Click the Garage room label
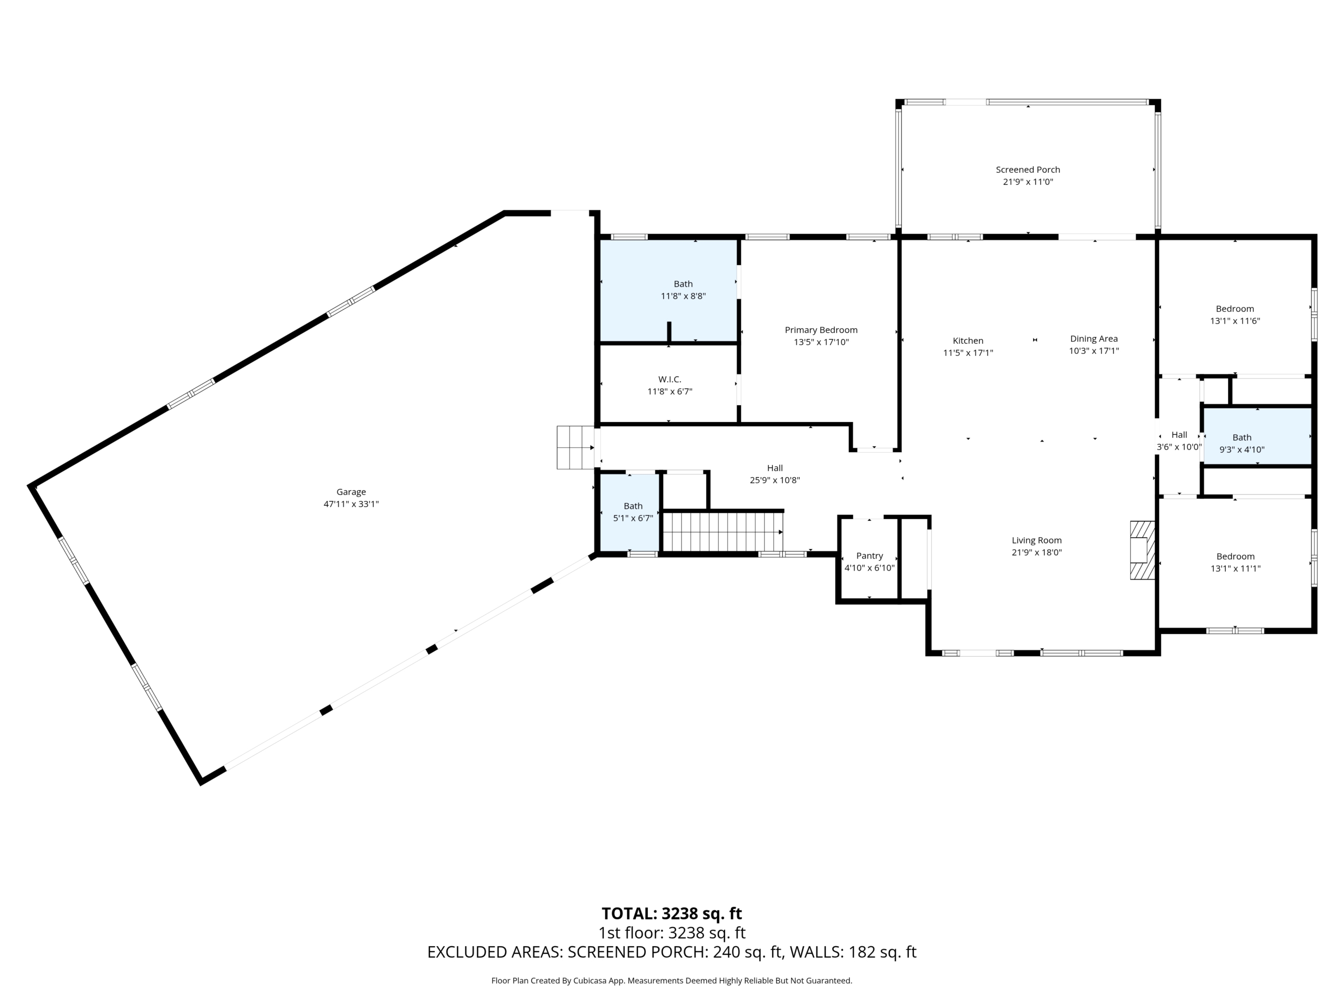pyautogui.click(x=351, y=492)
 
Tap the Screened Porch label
pyautogui.click(x=1028, y=170)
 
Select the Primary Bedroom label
pyautogui.click(x=821, y=330)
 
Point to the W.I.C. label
pyautogui.click(x=669, y=380)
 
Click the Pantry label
pyautogui.click(x=869, y=556)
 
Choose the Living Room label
pyautogui.click(x=1036, y=540)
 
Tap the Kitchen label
pyautogui.click(x=968, y=341)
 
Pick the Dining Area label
pyautogui.click(x=1094, y=339)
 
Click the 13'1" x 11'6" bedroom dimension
pyautogui.click(x=1235, y=321)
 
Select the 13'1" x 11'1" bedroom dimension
pyautogui.click(x=1235, y=569)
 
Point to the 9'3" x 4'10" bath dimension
pyautogui.click(x=1242, y=449)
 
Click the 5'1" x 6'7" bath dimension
pyautogui.click(x=633, y=518)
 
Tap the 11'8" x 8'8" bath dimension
pyautogui.click(x=684, y=296)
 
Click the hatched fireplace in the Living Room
pyautogui.click(x=1142, y=550)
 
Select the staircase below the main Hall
pyautogui.click(x=722, y=532)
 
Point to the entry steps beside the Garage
pyautogui.click(x=575, y=447)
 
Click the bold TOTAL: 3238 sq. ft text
pyautogui.click(x=671, y=913)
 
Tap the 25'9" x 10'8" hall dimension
pyautogui.click(x=775, y=480)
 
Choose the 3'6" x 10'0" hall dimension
pyautogui.click(x=1179, y=447)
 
